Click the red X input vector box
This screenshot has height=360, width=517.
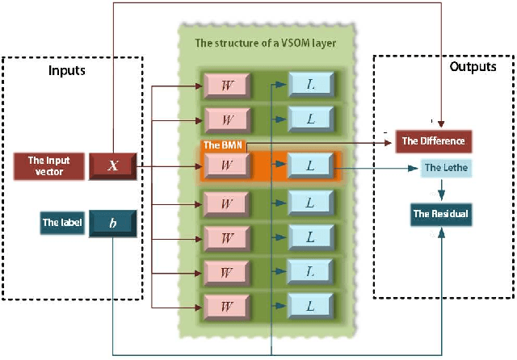(113, 165)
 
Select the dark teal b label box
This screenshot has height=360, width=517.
(113, 222)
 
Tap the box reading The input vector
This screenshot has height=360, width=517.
(49, 165)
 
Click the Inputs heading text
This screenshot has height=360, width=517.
(67, 71)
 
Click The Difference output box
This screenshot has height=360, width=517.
(433, 141)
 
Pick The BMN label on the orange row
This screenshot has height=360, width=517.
(219, 145)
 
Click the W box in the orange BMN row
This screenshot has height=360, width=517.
(229, 165)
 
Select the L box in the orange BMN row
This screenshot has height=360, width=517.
(310, 165)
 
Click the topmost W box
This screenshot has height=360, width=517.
(229, 83)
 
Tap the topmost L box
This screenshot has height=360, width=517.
(310, 83)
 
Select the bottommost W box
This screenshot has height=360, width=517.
(229, 306)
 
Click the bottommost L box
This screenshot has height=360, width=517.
(310, 306)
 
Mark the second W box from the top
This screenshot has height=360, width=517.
(229, 119)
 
